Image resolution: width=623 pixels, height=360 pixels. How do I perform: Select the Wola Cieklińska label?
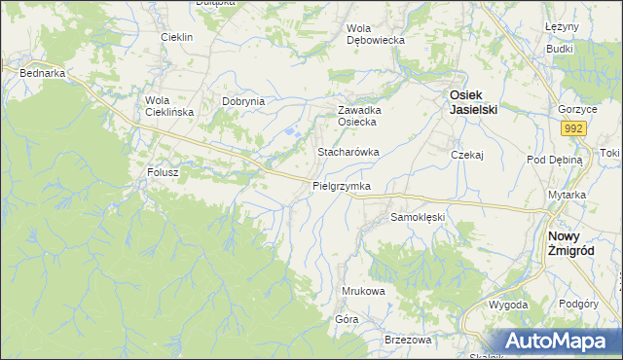point(169,106)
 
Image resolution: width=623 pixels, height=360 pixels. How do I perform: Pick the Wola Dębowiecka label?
point(376,35)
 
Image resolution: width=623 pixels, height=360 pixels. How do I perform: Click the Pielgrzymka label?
point(342,185)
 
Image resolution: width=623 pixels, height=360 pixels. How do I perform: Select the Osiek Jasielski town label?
point(473,102)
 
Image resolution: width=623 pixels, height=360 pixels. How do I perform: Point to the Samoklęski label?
point(417,217)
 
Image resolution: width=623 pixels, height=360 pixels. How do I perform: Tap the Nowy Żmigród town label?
point(571,243)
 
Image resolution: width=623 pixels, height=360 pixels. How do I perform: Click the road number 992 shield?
point(572,127)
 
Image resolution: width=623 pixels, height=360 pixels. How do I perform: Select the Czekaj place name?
point(467,155)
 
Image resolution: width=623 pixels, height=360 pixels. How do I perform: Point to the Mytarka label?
point(567,195)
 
